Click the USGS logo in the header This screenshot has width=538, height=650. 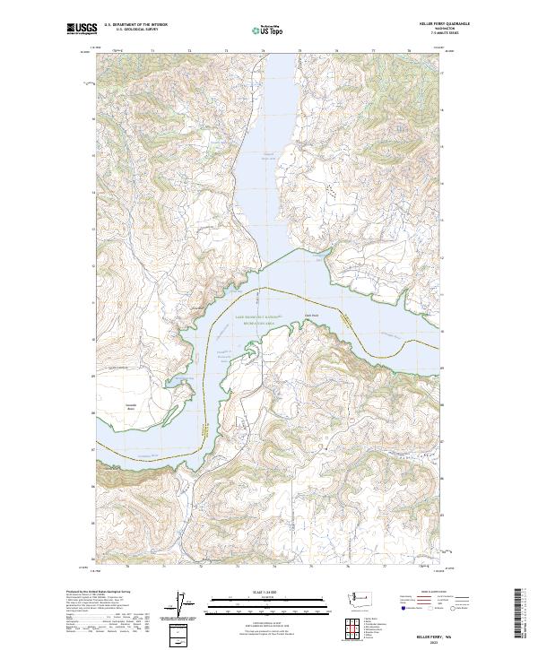pos(82,30)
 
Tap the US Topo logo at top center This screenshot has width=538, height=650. pos(267,30)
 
